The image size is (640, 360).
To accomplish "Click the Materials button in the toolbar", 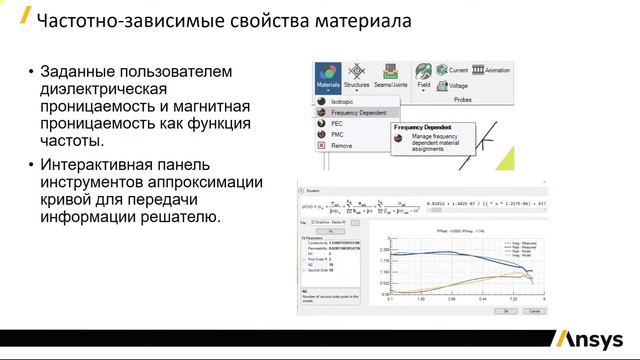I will point(327,76).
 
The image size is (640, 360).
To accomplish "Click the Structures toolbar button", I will point(357,76).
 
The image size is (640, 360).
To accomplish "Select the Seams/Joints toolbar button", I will point(393,76).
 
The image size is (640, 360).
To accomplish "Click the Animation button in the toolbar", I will point(492,70).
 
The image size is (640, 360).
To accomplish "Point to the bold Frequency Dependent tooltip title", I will point(422,128).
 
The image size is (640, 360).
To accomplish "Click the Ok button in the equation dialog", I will point(507,311).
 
